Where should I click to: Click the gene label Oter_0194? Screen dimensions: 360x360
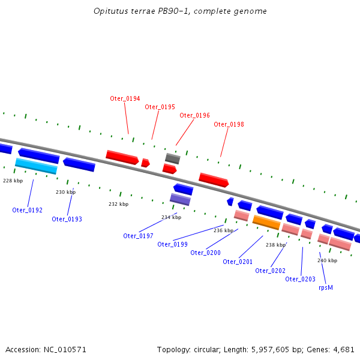tap(125, 98)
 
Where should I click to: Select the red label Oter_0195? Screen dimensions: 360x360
tap(160, 107)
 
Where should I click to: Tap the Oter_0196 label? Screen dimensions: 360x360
tap(194, 115)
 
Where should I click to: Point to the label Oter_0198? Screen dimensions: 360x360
tap(229, 124)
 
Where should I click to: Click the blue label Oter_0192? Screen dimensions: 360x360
tap(27, 210)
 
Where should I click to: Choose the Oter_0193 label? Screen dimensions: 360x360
tap(67, 219)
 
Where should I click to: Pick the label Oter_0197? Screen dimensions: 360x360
tap(138, 236)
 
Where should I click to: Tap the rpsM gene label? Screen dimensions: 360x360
tap(325, 287)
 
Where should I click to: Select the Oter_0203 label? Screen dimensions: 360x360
tap(300, 279)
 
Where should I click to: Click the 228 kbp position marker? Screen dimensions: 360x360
tap(13, 181)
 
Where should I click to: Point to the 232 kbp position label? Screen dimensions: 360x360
tap(118, 204)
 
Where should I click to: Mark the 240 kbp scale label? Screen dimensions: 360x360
tap(327, 260)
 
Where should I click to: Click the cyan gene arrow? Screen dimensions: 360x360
tap(36, 166)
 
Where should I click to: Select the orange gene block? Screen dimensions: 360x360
tap(266, 223)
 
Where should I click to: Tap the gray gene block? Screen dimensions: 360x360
tap(173, 158)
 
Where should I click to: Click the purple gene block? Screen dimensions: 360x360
tap(180, 199)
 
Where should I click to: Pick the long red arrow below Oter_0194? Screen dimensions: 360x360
tap(122, 157)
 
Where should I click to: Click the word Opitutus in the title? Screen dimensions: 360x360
tap(110, 11)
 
